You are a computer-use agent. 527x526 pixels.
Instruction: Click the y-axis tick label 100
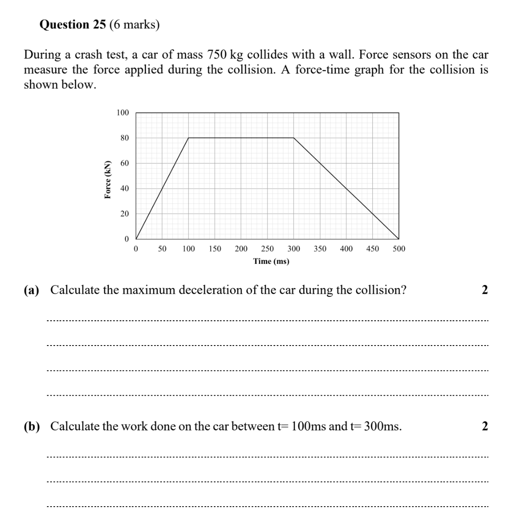point(123,113)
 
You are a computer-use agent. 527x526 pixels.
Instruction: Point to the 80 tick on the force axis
point(125,138)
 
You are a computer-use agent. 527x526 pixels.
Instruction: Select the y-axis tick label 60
point(125,163)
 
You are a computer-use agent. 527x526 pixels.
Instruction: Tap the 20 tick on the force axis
point(125,213)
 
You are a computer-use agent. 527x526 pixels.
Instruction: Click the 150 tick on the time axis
point(215,249)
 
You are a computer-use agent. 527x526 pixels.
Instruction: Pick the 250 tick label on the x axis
point(268,249)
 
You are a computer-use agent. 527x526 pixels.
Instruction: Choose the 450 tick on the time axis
point(372,249)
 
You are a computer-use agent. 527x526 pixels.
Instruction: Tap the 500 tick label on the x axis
point(399,249)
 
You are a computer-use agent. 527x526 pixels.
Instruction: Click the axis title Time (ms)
point(271,261)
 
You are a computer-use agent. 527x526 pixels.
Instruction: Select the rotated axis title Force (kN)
point(107,179)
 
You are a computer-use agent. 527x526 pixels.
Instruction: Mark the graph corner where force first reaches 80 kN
point(189,138)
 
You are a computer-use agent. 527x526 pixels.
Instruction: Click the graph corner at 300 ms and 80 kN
point(294,138)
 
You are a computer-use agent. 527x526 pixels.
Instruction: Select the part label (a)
point(32,290)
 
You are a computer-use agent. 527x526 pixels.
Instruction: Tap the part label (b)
point(32,426)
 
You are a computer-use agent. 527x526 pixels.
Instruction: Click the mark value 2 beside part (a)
point(485,290)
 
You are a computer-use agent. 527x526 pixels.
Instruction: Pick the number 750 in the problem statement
point(217,55)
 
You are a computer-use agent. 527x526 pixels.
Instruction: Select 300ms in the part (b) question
point(382,426)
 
